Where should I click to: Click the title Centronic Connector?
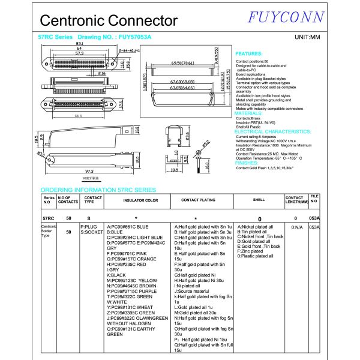(x=109, y=20)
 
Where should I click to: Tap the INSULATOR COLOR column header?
(x=140, y=200)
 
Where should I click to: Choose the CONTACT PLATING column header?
(x=198, y=200)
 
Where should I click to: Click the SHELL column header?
(x=259, y=200)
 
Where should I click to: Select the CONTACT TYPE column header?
(x=93, y=200)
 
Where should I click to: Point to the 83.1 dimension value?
(x=79, y=43)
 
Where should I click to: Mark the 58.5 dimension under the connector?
(x=77, y=116)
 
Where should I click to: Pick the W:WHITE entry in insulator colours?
(x=117, y=302)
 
